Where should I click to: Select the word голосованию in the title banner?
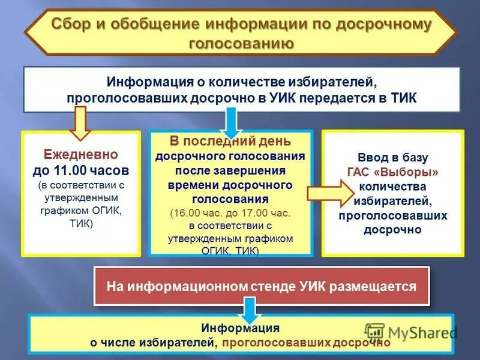coord(241,44)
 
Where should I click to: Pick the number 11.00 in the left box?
coord(83,170)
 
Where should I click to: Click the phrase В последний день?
coord(230,142)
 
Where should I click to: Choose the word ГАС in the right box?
coord(360,172)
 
